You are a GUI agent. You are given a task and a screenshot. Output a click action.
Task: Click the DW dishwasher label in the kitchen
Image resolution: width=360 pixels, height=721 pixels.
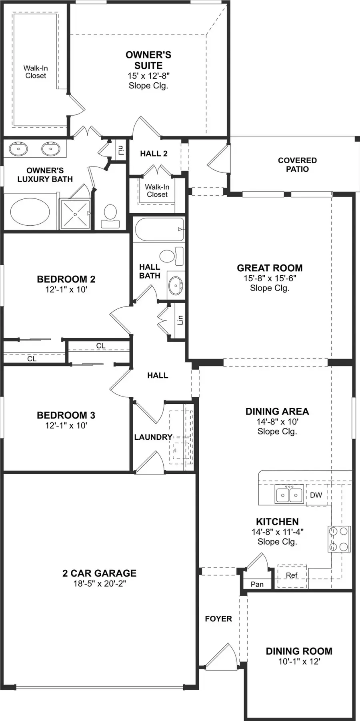point(316,495)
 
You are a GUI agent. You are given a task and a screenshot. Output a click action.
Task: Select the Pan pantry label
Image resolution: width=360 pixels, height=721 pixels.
point(257,584)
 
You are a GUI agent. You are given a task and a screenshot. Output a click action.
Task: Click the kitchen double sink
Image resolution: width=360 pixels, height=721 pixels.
point(289,495)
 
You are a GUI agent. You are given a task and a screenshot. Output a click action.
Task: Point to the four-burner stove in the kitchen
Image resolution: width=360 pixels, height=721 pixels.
point(339,539)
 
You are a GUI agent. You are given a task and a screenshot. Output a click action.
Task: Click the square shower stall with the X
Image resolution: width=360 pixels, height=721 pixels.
point(75,214)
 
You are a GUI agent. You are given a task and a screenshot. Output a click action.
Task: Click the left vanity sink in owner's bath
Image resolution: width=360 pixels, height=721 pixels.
point(18,148)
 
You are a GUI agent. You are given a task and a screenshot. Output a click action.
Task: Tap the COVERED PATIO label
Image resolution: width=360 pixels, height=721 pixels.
point(297,164)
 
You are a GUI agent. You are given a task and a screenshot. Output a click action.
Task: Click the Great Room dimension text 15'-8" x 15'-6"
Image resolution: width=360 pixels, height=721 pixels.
point(270,278)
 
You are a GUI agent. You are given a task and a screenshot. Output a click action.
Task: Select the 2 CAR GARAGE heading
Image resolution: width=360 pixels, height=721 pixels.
point(99,573)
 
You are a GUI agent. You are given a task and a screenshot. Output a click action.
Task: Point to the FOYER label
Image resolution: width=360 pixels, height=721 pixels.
point(218,619)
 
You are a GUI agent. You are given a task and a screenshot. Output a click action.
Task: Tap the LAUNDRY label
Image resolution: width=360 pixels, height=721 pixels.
point(153,437)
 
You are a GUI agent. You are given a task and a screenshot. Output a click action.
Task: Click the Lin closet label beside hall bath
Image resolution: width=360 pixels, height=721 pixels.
point(180,320)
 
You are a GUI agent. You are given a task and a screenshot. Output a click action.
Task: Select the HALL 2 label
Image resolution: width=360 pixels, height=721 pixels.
point(154,154)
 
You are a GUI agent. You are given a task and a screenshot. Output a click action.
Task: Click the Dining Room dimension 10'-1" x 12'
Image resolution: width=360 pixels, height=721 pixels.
point(299,661)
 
